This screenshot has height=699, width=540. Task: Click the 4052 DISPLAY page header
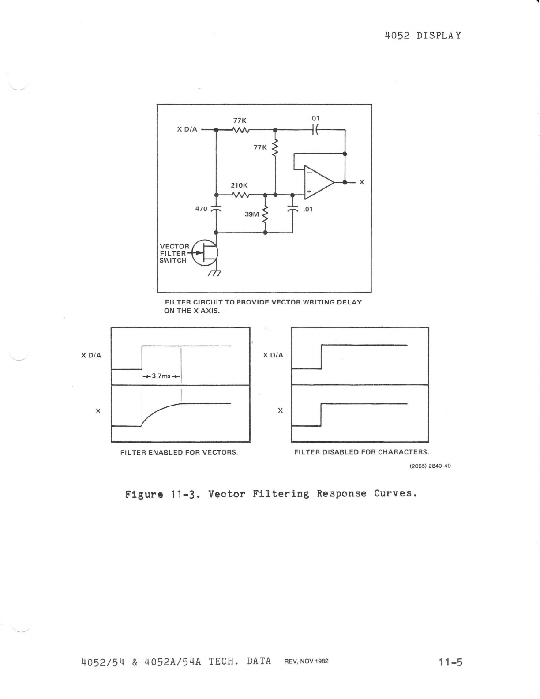point(423,36)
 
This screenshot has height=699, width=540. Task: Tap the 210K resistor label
point(240,185)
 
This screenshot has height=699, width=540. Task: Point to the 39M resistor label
point(251,214)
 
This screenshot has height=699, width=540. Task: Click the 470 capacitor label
point(201,208)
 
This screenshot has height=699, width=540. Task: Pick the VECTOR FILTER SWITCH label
point(174,253)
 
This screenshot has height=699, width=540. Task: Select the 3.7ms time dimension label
point(161,376)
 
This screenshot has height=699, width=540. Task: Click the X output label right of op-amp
point(362,182)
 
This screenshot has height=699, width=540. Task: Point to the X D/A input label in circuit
point(187,129)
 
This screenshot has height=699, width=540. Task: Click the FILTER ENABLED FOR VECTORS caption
point(179,452)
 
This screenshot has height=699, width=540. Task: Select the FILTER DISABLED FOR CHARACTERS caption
point(361,452)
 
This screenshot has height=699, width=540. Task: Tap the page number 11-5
point(450,661)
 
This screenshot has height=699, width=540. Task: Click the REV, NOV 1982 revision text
point(306,661)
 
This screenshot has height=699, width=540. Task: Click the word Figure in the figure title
point(144,494)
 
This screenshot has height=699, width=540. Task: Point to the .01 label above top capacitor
point(314,118)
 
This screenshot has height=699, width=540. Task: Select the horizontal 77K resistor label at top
point(240,120)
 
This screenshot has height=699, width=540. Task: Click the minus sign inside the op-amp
point(309,173)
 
